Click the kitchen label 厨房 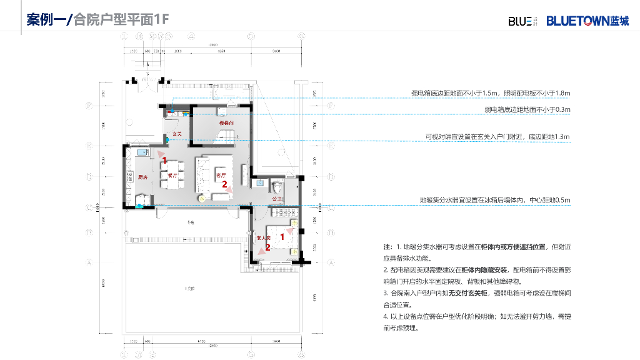(x=142, y=177)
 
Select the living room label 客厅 (x=220, y=176)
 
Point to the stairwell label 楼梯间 (x=226, y=124)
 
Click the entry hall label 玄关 (x=177, y=134)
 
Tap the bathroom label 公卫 (x=277, y=199)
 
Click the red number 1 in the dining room (x=164, y=161)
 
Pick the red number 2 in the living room (x=224, y=184)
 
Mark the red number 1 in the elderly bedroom (x=282, y=237)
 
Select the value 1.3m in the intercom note (x=562, y=136)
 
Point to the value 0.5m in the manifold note (x=562, y=200)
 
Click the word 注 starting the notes (x=386, y=247)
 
